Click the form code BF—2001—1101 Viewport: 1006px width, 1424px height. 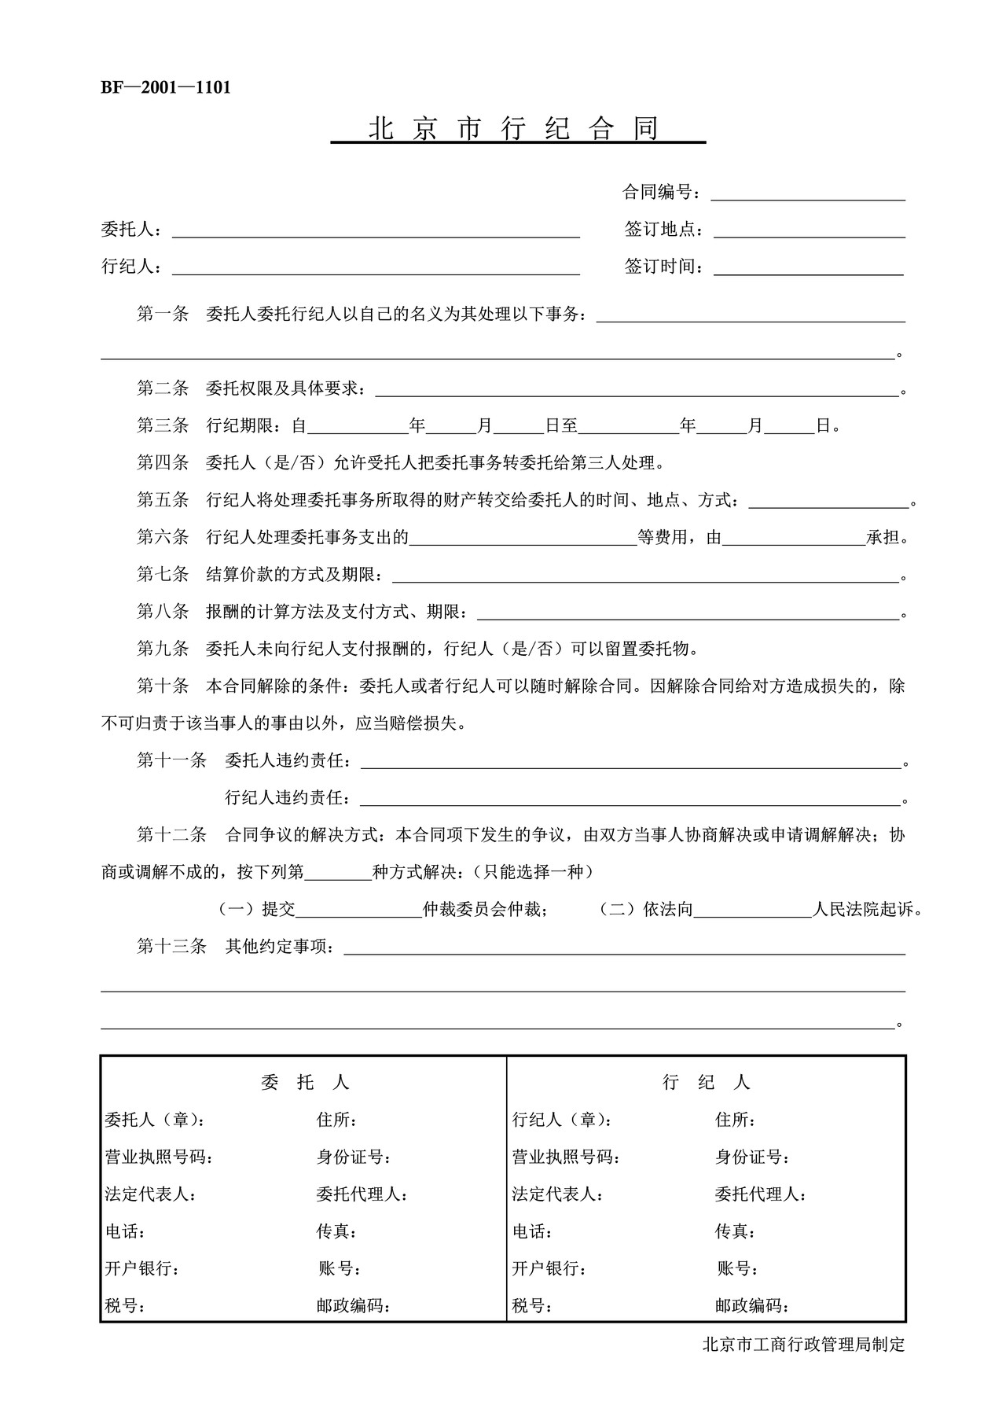(166, 88)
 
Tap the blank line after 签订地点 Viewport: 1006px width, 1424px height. (809, 230)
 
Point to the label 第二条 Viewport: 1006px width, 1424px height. (163, 388)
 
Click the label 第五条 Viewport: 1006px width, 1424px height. (163, 500)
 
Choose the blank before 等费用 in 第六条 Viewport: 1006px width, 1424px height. (523, 539)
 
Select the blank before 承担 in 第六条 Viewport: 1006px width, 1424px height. (794, 539)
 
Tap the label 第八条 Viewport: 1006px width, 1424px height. (163, 612)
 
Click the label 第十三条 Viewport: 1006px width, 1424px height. (171, 947)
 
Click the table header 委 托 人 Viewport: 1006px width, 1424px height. (305, 1083)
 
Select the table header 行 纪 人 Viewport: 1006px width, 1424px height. (706, 1083)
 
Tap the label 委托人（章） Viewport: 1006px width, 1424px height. (156, 1120)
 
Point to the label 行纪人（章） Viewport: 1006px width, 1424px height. (562, 1120)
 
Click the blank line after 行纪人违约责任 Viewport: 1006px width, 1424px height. (629, 799)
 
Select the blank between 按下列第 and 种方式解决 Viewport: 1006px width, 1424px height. (338, 873)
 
